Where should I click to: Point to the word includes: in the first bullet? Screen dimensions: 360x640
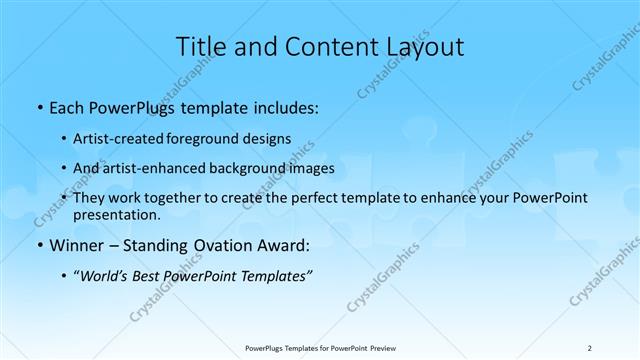click(x=285, y=104)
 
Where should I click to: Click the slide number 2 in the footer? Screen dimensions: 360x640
click(x=590, y=347)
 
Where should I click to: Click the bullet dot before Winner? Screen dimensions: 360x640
click(x=38, y=245)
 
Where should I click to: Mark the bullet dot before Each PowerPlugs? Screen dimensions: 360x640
click(x=38, y=105)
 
